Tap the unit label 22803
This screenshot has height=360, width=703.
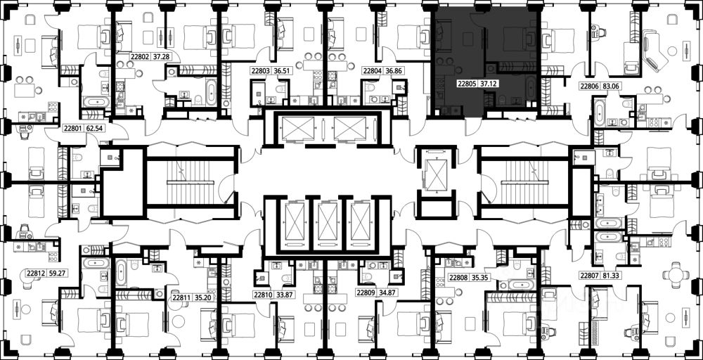click(x=259, y=70)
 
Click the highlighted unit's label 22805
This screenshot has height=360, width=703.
click(x=467, y=83)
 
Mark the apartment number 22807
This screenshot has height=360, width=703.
click(x=588, y=276)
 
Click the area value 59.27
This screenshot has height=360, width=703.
click(x=59, y=272)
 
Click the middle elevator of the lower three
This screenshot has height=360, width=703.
click(x=328, y=221)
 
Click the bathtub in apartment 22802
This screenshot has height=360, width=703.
click(x=211, y=91)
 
